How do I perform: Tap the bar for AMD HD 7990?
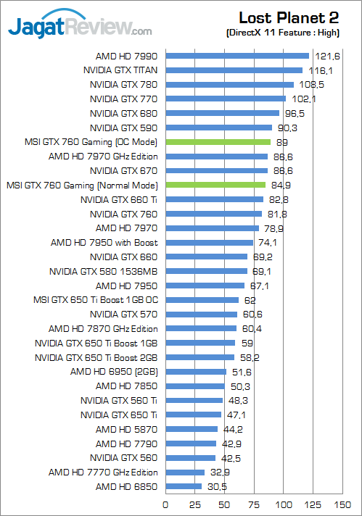click(237, 56)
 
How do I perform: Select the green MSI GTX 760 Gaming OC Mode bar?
click(218, 142)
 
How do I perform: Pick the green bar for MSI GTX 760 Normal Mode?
click(215, 185)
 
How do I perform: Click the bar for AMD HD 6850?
click(184, 486)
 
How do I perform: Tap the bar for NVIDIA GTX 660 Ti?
click(215, 199)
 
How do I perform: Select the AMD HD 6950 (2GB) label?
click(114, 372)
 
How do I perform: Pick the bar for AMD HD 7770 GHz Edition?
click(185, 472)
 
